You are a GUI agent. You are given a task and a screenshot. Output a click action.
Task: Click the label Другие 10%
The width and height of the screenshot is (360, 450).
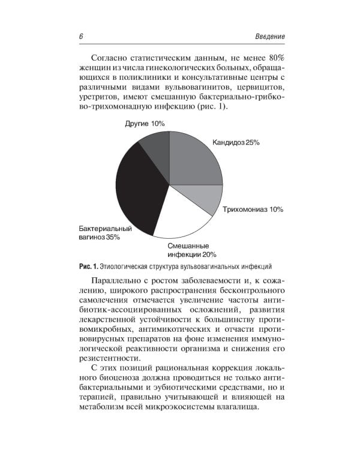click(145, 124)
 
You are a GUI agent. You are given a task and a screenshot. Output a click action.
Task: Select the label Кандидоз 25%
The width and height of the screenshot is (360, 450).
click(235, 142)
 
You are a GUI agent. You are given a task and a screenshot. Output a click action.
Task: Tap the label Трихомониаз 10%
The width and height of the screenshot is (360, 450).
click(253, 209)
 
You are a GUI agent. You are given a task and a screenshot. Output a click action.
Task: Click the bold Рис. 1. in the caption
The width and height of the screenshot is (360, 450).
click(88, 265)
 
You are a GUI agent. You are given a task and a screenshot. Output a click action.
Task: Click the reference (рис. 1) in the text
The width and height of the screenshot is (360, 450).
click(213, 106)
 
